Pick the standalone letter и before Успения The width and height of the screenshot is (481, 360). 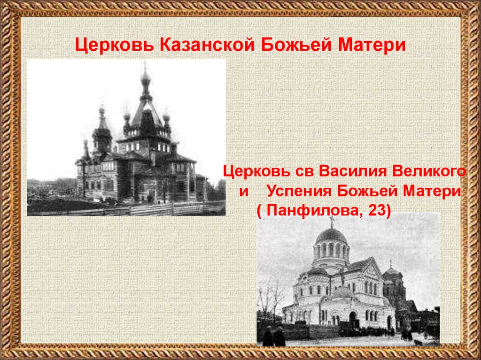[243, 192]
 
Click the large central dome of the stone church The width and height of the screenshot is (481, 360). [331, 235]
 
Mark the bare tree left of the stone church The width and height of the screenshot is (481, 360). [270, 296]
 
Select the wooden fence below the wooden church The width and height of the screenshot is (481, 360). [141, 209]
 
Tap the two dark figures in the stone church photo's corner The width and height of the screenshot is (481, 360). [274, 336]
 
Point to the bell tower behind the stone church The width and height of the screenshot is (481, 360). [394, 284]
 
